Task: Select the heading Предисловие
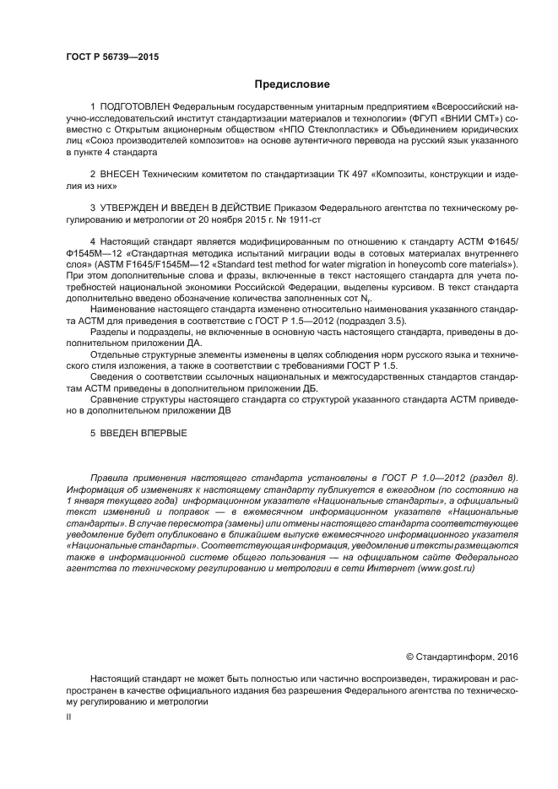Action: pyautogui.click(x=292, y=84)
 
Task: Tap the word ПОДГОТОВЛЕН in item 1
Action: pyautogui.click(x=134, y=108)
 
